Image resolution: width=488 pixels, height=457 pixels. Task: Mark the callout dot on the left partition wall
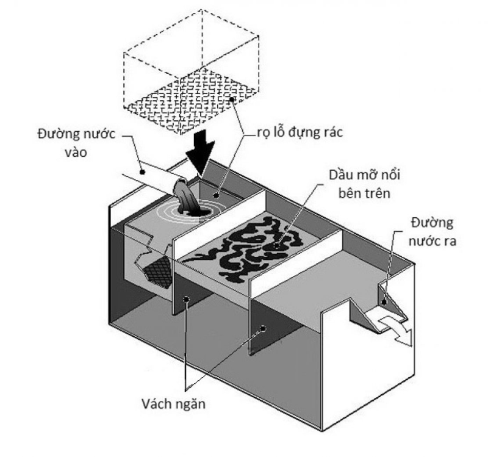pyautogui.click(x=185, y=299)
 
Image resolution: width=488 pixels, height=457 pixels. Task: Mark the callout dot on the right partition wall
pyautogui.click(x=264, y=329)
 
